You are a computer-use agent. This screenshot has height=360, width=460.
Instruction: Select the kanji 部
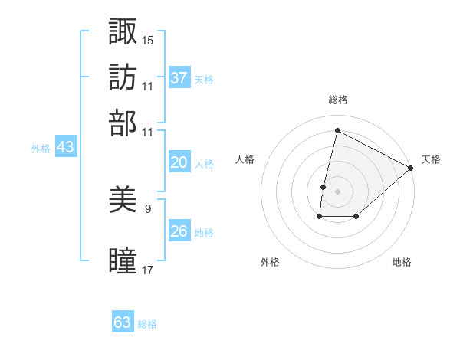tap(123, 123)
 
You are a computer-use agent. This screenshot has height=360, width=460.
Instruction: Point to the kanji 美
tap(123, 201)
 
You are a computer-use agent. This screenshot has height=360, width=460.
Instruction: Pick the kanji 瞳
tap(123, 261)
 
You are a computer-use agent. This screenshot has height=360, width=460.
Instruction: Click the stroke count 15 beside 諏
tap(148, 38)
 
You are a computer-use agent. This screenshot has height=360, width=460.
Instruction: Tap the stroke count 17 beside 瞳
tap(148, 270)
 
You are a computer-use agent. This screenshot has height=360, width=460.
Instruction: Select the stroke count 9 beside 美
tap(148, 208)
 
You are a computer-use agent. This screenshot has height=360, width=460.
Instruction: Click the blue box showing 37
tap(179, 77)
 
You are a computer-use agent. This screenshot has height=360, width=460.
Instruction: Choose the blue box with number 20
tap(179, 162)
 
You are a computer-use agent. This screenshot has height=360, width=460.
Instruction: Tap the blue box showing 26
tap(179, 231)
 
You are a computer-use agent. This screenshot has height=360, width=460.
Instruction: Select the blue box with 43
tap(65, 148)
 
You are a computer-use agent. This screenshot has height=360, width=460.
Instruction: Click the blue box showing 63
tap(123, 322)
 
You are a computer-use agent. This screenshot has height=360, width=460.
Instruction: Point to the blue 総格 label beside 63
tap(147, 324)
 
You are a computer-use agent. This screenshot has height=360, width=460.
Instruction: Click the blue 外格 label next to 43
tap(40, 149)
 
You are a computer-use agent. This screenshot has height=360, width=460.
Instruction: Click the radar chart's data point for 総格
tap(337, 131)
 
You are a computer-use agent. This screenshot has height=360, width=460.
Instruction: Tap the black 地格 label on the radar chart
tap(402, 262)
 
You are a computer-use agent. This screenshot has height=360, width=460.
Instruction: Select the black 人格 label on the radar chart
tap(245, 159)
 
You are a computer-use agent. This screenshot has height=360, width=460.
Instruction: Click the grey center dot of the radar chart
tap(337, 191)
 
